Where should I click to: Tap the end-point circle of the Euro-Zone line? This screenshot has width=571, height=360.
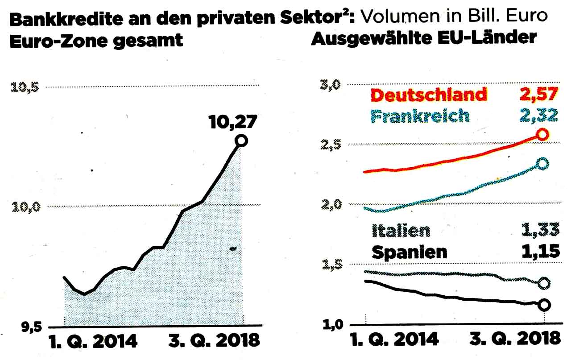click(x=241, y=141)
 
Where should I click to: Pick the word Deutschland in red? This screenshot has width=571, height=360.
click(x=429, y=95)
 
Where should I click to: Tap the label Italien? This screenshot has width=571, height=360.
click(x=401, y=230)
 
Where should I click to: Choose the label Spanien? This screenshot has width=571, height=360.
click(x=409, y=252)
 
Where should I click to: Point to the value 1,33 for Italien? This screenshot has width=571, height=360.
click(x=540, y=230)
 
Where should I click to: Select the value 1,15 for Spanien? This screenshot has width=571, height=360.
click(x=540, y=252)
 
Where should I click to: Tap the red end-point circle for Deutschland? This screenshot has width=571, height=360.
click(x=542, y=134)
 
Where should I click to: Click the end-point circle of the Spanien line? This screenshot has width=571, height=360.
click(x=544, y=305)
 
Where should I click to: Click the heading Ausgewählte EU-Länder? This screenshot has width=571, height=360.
click(x=423, y=38)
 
